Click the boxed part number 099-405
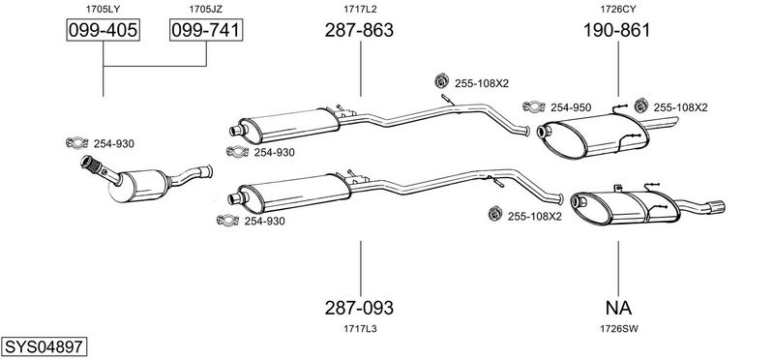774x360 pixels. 103,30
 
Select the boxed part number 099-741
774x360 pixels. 206,30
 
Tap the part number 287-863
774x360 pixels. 359,30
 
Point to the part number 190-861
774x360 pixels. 616,30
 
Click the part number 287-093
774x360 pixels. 359,308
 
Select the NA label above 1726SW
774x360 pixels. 618,308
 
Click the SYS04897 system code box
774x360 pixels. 44,346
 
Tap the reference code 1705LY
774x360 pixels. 103,9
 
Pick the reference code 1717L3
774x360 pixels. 360,328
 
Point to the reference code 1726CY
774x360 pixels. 618,9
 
